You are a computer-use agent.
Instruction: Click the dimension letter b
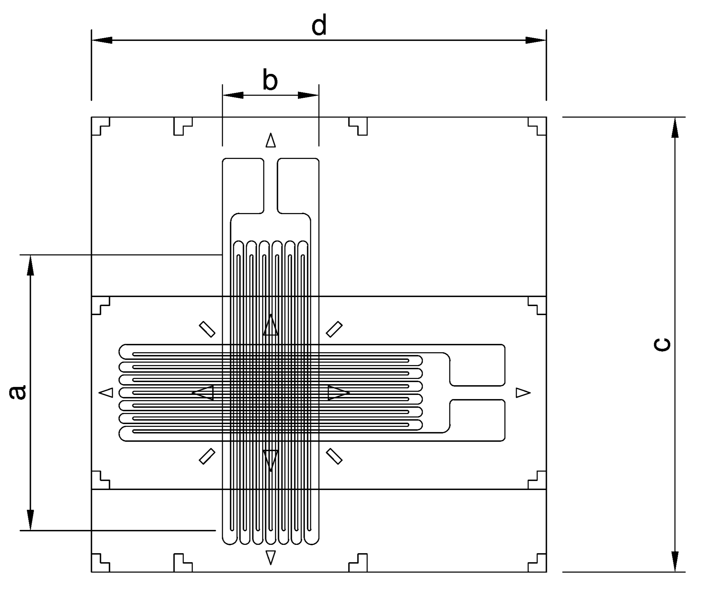[x=270, y=81]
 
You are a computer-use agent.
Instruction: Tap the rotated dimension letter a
[x=17, y=392]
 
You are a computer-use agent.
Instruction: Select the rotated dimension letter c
[x=661, y=345]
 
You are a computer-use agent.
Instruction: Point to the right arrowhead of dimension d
[x=536, y=40]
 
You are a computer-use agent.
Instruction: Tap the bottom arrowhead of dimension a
[x=31, y=520]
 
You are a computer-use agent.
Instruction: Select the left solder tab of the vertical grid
[x=243, y=186]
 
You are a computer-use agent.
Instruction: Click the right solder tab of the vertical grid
[x=298, y=186]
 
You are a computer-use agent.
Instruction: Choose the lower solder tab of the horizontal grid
[x=477, y=420]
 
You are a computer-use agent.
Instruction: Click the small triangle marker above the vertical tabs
[x=271, y=140]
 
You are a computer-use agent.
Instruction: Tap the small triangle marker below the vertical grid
[x=271, y=557]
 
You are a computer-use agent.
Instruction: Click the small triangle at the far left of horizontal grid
[x=107, y=393]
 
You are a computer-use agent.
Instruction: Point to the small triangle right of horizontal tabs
[x=523, y=393]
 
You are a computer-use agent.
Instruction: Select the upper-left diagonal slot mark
[x=207, y=329]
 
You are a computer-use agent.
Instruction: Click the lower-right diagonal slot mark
[x=334, y=456]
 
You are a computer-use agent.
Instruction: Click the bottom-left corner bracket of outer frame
[x=100, y=563]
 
